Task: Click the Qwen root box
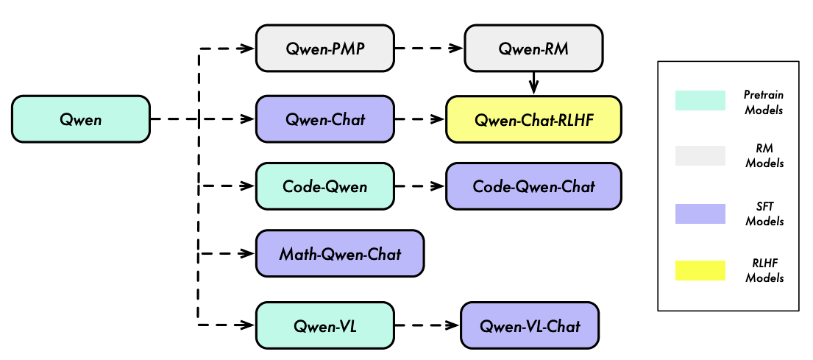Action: click(x=81, y=119)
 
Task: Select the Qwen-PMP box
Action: click(x=324, y=49)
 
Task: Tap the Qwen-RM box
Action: click(x=533, y=49)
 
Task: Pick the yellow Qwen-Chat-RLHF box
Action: click(x=533, y=119)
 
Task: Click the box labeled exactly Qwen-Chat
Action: click(x=324, y=119)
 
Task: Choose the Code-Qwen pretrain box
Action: click(x=324, y=186)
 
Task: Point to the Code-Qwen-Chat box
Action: click(x=533, y=186)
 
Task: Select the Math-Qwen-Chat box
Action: click(x=340, y=254)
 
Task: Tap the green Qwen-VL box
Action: click(x=324, y=325)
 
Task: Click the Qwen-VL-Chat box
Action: click(x=530, y=325)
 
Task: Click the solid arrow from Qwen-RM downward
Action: click(x=533, y=83)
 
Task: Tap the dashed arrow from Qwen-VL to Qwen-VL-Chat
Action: click(x=427, y=325)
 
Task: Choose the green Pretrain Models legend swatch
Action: click(x=700, y=100)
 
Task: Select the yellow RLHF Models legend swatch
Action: click(x=700, y=270)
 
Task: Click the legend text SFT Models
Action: click(x=764, y=213)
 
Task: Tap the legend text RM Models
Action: click(x=764, y=156)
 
